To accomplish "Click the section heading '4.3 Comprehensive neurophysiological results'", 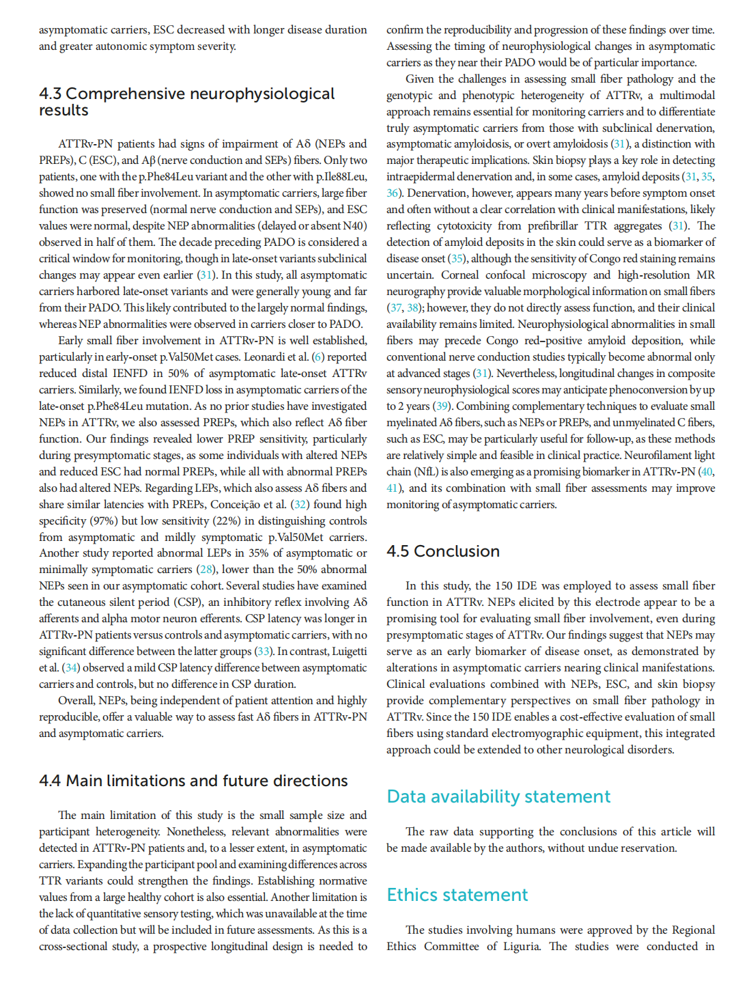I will coord(186,101).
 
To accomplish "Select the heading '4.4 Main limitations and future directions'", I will coord(193,781).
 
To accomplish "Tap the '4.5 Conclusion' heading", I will coord(443,551).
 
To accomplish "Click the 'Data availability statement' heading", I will coord(498,796).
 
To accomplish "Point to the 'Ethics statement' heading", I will coord(457,895).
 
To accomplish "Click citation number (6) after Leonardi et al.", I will coord(318,357).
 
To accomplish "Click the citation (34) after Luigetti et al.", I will coord(71,667).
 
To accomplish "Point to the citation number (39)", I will coord(442,406).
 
